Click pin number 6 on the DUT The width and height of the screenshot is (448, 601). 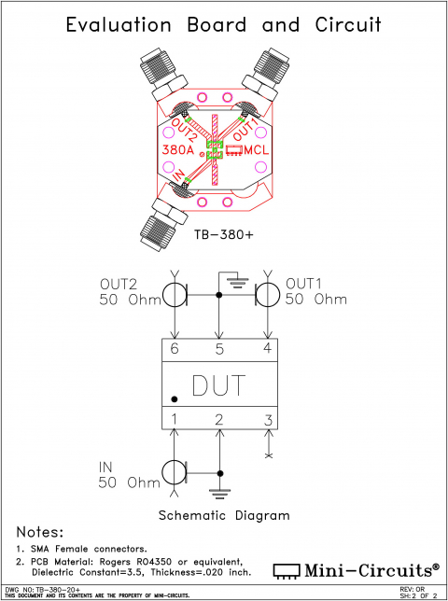pos(174,349)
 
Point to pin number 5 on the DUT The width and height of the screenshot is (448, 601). pos(218,349)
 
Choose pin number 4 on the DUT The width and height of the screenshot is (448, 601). pos(267,349)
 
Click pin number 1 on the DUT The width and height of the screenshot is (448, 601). pos(174,419)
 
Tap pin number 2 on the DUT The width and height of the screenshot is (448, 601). pos(218,419)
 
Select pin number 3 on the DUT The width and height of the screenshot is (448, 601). pos(267,419)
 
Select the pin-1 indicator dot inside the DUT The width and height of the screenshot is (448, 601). pos(175,398)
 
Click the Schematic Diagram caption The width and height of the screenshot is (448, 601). pos(223,515)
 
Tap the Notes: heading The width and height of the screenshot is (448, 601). pos(36,532)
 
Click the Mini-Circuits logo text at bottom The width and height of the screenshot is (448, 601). pos(369,568)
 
